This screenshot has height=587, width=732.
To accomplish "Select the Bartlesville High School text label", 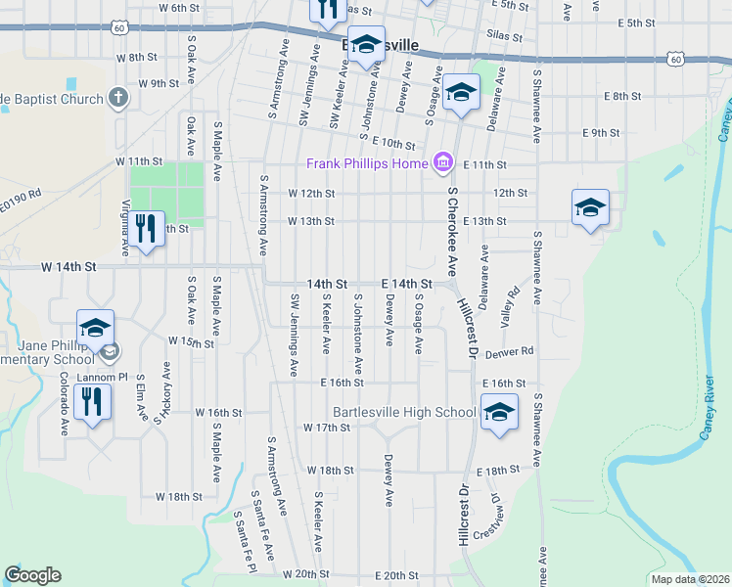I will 404,412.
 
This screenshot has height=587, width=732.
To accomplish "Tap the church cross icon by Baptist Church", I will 118,98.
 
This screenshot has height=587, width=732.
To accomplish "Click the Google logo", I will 32,575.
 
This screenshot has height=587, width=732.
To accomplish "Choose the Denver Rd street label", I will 512,351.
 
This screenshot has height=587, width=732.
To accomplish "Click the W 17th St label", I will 327,428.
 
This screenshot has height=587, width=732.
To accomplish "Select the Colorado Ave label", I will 63,402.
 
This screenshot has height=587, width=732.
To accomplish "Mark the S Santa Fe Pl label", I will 245,541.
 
